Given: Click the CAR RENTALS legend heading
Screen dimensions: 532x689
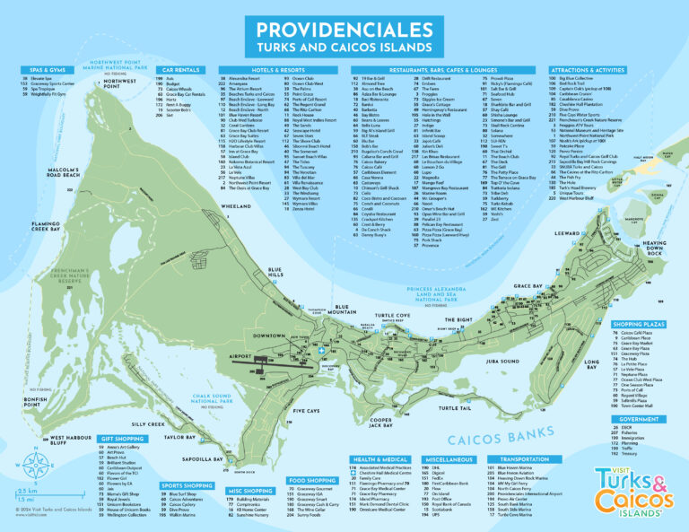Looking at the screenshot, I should coord(180,68).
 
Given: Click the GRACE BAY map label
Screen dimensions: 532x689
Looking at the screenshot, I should coord(528,285).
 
